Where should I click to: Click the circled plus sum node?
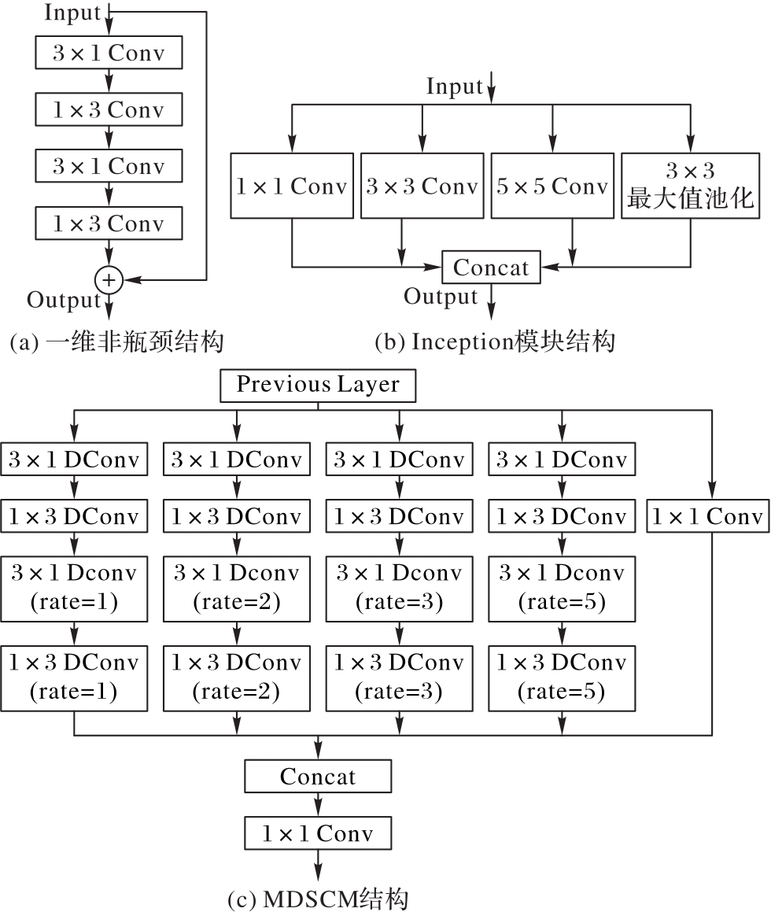pyautogui.click(x=109, y=280)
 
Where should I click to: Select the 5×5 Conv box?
pyautogui.click(x=552, y=186)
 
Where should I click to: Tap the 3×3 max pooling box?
pyautogui.click(x=690, y=186)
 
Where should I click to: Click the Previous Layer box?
pyautogui.click(x=318, y=385)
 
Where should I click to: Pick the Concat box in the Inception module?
pyautogui.click(x=492, y=267)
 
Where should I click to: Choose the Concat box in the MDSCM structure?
pyautogui.click(x=318, y=776)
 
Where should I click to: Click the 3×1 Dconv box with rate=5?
pyautogui.click(x=562, y=589)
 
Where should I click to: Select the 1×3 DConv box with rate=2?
pyautogui.click(x=237, y=678)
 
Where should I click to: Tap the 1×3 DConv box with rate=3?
pyautogui.click(x=400, y=678)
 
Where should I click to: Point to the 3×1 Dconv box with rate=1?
pyautogui.click(x=74, y=589)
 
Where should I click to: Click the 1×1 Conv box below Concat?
pyautogui.click(x=318, y=833)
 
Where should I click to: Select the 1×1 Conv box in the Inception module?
pyautogui.click(x=292, y=186)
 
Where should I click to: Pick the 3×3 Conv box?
pyautogui.click(x=422, y=186)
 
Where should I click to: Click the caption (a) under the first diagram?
pyautogui.click(x=117, y=342)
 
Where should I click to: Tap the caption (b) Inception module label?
pyautogui.click(x=495, y=342)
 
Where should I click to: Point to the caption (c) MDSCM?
pyautogui.click(x=318, y=899)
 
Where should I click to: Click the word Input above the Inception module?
pyautogui.click(x=455, y=86)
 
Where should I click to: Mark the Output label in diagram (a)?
pyautogui.click(x=64, y=300)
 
